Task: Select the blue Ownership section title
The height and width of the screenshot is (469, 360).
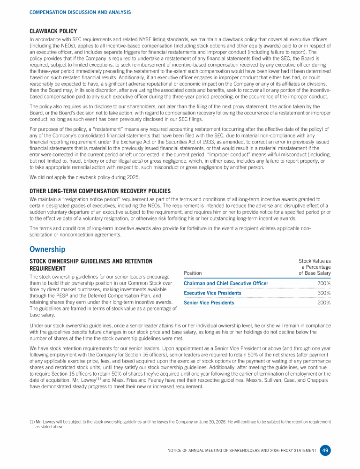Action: point(47,249)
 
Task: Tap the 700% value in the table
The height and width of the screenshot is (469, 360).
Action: point(323,283)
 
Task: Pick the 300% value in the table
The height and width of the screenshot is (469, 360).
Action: point(323,293)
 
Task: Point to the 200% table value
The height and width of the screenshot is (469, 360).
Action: point(323,303)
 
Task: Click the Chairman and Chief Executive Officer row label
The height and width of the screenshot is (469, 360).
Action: point(226,283)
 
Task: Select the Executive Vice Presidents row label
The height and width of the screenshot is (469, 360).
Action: point(212,293)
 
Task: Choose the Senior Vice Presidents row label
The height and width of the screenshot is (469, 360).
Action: point(209,303)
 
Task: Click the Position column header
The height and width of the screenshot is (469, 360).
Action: point(193,273)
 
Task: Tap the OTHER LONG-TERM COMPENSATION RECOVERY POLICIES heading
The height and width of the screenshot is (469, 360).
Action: point(100,191)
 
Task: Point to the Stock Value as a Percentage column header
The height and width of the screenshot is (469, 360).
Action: point(315,267)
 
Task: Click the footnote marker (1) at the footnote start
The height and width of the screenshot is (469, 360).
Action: point(31,422)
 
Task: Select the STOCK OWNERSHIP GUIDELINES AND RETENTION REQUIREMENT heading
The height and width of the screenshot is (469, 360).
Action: point(91,264)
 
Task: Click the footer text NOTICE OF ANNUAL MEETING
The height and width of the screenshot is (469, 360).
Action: point(241,451)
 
